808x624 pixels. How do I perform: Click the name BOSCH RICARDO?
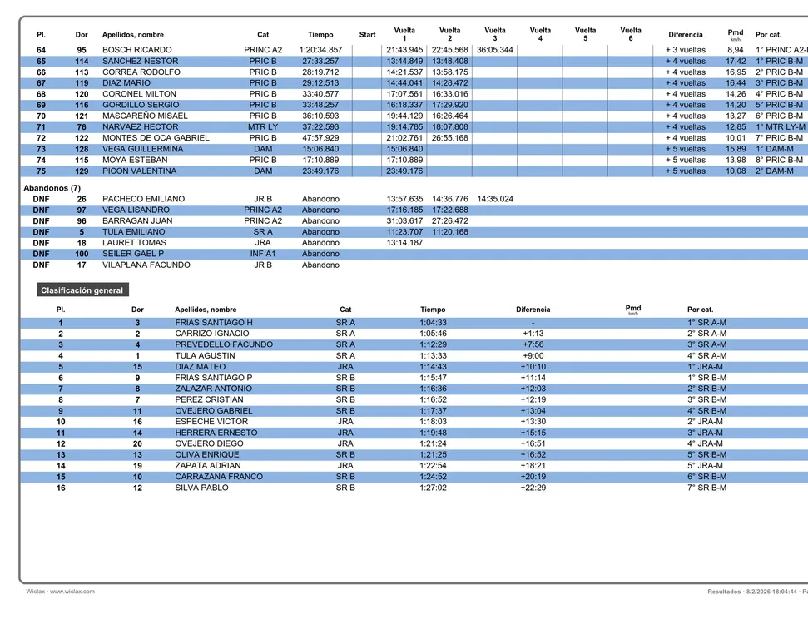pos(137,50)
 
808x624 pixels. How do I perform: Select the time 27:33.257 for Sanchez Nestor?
pos(320,61)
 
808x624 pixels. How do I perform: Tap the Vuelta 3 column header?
pos(494,34)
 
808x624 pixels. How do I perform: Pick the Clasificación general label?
pos(82,290)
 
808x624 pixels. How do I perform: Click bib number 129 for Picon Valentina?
pos(82,171)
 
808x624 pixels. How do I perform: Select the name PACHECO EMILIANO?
pos(143,199)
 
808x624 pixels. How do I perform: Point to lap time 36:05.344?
pos(494,50)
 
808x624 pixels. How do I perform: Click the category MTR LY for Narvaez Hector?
pos(263,126)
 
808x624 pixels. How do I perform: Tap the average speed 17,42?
pos(736,61)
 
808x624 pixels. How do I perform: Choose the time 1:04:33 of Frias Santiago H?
pos(433,323)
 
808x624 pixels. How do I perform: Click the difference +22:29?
pos(533,488)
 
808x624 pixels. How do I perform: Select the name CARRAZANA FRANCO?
pos(219,477)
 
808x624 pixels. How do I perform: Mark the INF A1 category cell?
pos(263,254)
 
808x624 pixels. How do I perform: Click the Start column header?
pos(367,35)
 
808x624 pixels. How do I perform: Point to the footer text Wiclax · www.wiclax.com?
pos(60,592)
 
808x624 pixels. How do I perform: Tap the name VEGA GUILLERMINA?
pos(142,149)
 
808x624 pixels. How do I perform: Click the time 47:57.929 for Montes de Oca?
pos(320,138)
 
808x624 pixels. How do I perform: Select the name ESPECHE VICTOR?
pos(211,422)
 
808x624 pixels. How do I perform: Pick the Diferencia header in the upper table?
pos(685,35)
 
